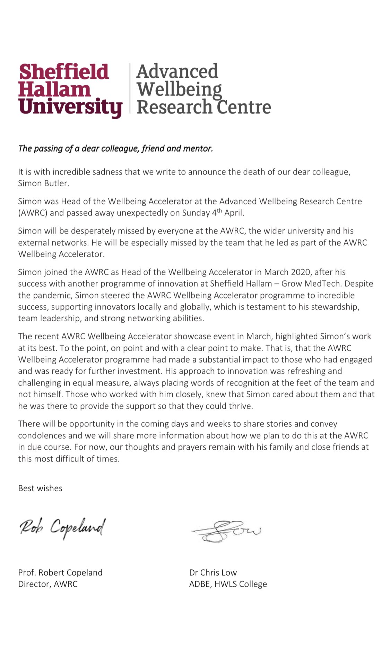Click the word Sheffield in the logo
[64, 72]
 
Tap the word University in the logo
[70, 107]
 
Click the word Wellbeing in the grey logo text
[179, 89]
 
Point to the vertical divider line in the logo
[130, 88]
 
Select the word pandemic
[51, 295]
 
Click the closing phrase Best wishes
[40, 488]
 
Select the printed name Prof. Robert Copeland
[60, 573]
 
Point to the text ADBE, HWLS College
[228, 584]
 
